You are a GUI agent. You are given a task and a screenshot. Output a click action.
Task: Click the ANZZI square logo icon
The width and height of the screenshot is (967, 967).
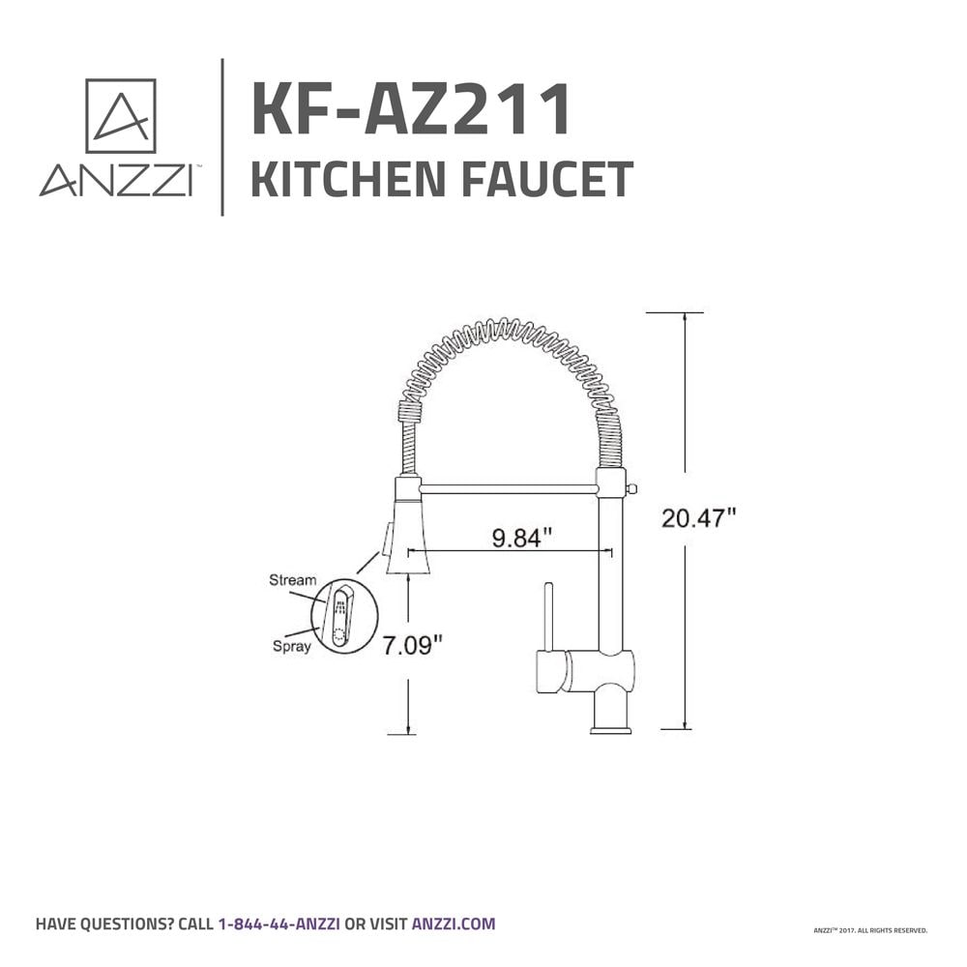tap(120, 115)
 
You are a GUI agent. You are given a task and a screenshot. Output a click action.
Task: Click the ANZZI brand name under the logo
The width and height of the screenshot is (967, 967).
tap(114, 182)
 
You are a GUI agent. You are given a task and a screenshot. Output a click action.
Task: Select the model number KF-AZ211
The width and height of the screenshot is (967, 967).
tap(410, 110)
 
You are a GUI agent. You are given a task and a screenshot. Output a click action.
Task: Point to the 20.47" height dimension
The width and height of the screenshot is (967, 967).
tap(698, 518)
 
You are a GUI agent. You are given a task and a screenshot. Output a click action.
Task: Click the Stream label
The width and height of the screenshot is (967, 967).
tap(292, 580)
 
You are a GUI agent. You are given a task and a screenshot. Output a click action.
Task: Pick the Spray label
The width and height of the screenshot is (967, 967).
tap(291, 647)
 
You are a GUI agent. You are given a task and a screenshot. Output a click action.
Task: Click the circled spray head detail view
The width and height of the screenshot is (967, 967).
tap(343, 615)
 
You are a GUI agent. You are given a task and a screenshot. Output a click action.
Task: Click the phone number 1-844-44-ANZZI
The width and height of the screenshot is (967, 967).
tap(278, 923)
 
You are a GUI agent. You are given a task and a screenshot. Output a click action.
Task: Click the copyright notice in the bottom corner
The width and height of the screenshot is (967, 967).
tap(870, 930)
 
